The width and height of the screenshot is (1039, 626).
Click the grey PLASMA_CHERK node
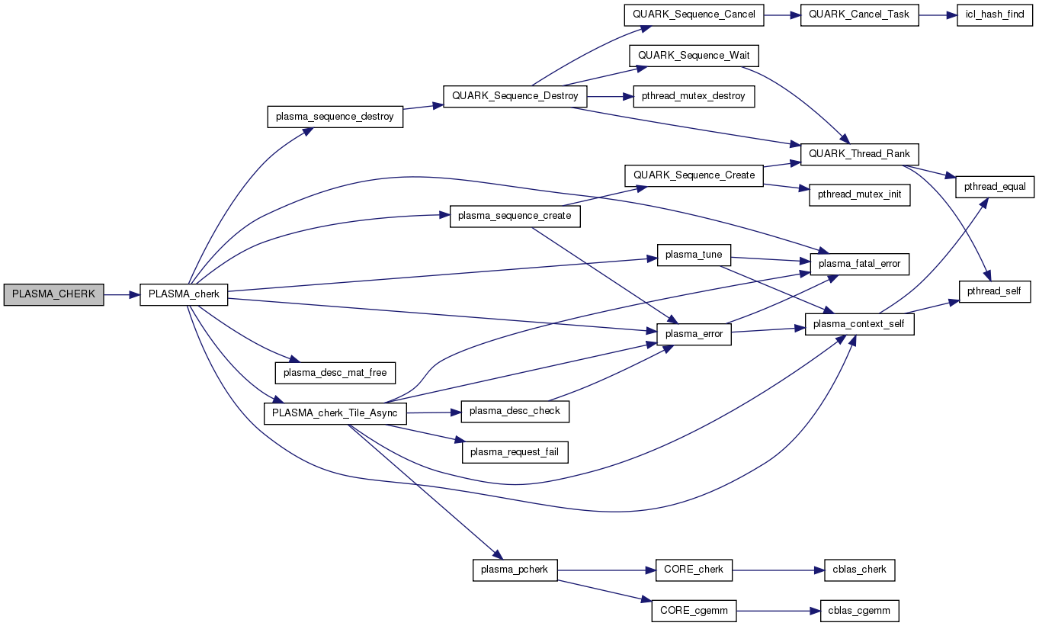[x=53, y=294]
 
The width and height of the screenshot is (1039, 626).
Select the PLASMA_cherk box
[x=184, y=294]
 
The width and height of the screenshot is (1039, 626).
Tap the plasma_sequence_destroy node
[x=335, y=117]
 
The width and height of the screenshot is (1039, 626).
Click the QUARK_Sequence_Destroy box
[x=515, y=97]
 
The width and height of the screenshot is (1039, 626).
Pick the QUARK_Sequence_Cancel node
[x=693, y=14]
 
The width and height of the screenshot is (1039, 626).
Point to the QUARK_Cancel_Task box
[x=859, y=14]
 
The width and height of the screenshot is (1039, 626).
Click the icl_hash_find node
[x=995, y=14]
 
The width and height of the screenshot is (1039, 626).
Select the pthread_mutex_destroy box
[x=693, y=97]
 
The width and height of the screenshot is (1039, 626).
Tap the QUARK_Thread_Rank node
[x=858, y=153]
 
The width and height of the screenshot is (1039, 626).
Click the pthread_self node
[x=995, y=291]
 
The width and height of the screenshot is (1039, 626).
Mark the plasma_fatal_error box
[x=859, y=264]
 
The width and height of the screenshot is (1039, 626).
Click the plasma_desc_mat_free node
[x=335, y=373]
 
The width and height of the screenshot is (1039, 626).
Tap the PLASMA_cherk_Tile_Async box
[x=335, y=413]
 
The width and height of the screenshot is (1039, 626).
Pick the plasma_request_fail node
[x=515, y=452]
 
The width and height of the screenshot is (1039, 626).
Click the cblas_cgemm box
[x=859, y=611]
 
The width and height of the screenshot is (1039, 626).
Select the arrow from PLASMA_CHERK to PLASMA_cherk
[x=121, y=294]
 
